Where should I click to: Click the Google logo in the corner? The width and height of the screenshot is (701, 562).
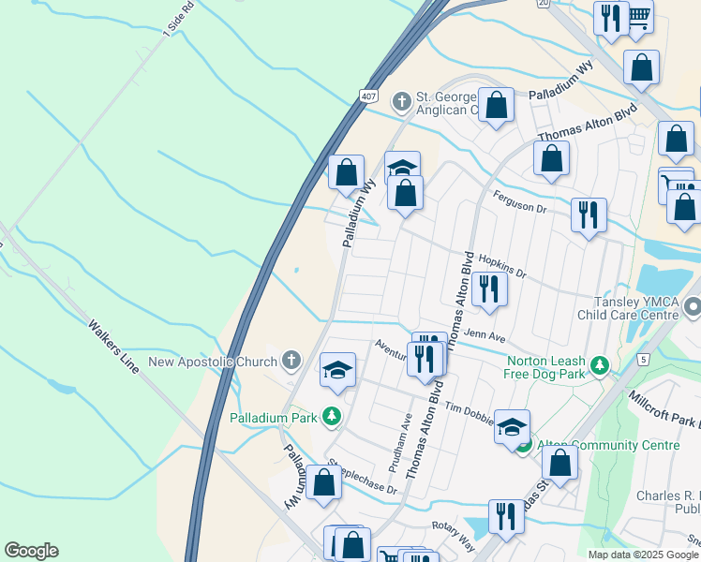tap(31, 551)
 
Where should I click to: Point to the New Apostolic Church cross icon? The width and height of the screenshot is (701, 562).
tap(291, 361)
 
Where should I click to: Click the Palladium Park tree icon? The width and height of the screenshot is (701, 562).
tap(330, 415)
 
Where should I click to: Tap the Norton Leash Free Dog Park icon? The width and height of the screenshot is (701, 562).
tap(600, 362)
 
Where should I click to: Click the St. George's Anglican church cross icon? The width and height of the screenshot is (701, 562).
tap(402, 100)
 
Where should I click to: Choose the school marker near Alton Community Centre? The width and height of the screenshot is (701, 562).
tap(512, 426)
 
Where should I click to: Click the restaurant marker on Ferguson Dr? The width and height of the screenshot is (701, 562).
tap(589, 214)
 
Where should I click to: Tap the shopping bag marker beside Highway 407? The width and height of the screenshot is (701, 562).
tap(346, 171)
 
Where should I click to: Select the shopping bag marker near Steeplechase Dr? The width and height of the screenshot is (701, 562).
tap(323, 483)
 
